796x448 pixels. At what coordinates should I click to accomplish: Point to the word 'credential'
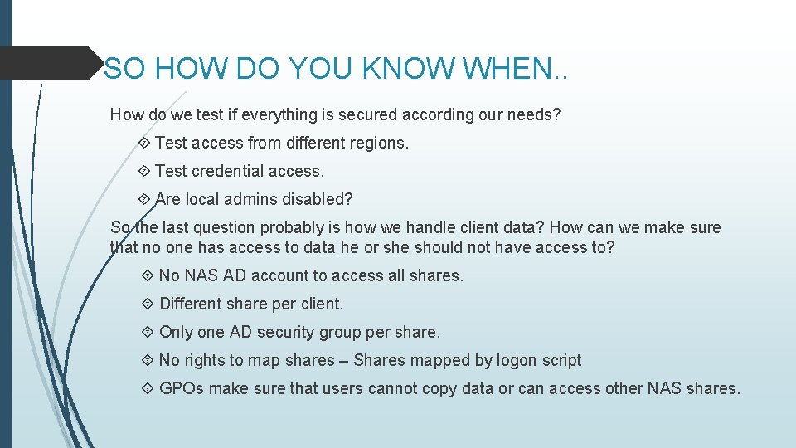point(231,171)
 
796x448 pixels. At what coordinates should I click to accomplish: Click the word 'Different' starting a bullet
point(191,304)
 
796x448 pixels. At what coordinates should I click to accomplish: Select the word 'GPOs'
point(182,388)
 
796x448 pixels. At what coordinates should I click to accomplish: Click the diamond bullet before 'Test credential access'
point(146,171)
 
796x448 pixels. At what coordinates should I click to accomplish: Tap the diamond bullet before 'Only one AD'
point(148,332)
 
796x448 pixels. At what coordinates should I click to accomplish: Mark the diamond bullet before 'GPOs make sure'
point(148,388)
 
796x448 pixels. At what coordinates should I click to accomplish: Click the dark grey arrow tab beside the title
point(50,64)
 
